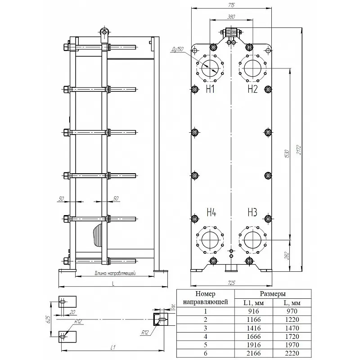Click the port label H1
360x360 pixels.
point(210,89)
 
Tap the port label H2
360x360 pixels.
point(253,89)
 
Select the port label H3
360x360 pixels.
point(252,212)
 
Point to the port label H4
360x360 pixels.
point(211,212)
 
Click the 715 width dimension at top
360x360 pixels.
point(232,5)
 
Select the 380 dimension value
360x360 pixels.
point(231,17)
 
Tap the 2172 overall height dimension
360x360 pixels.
point(299,149)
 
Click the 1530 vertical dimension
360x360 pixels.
point(287,154)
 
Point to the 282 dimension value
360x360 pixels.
point(287,256)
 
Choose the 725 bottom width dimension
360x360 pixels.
point(232,283)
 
